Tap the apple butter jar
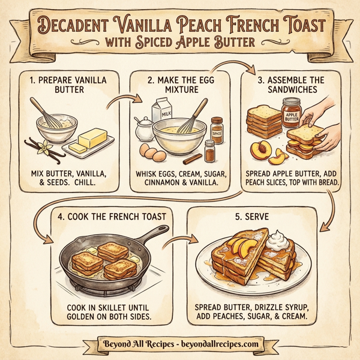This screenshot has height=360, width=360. pos(292,112)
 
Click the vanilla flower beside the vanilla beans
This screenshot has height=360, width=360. pos(43,145)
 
